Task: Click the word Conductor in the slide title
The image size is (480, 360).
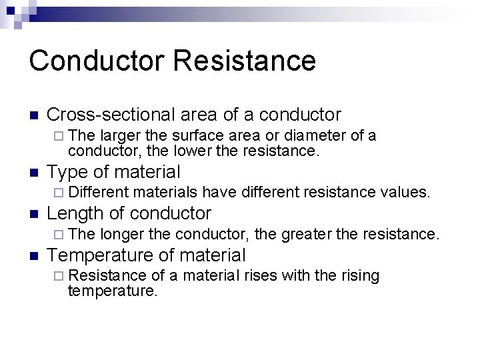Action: pos(97,61)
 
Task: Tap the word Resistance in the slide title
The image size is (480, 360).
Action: pos(245,61)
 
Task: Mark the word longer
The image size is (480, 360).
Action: pos(123,234)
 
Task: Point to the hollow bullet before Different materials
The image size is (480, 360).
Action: pos(60,193)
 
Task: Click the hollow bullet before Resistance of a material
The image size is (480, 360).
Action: pos(60,276)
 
